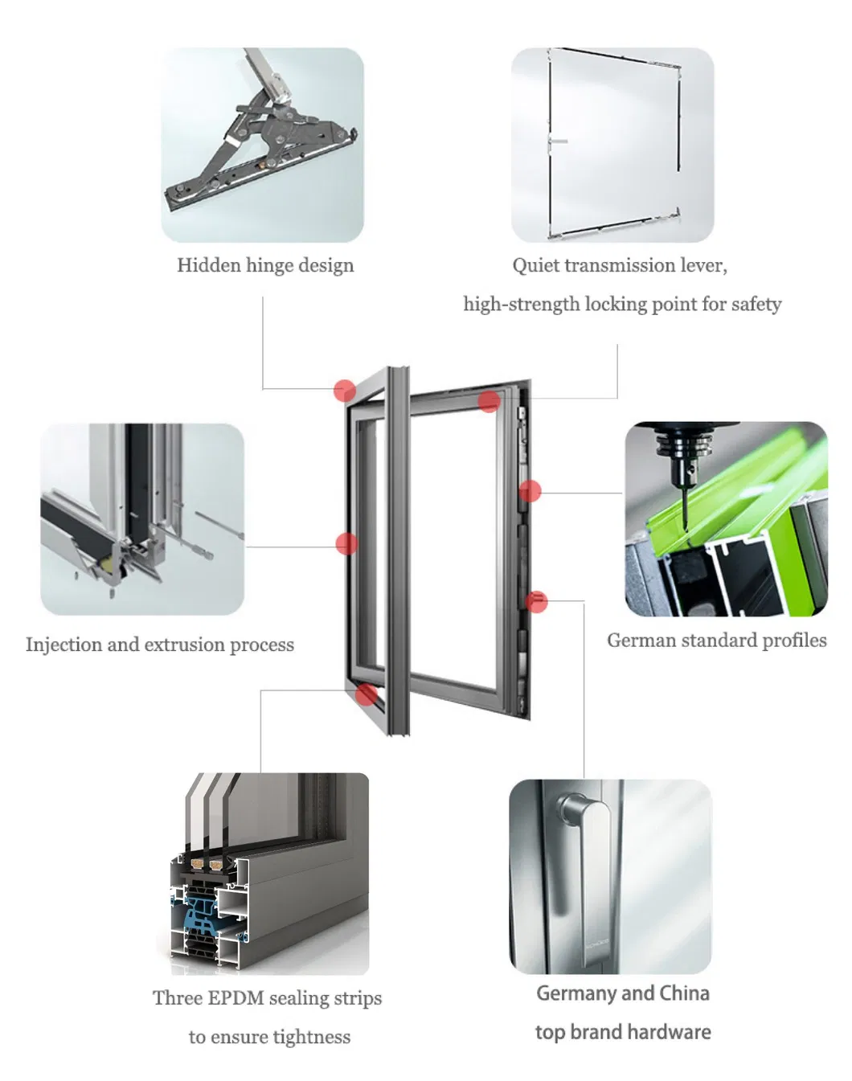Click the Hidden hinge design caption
(265, 265)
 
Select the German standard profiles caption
(716, 641)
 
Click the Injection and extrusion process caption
(159, 645)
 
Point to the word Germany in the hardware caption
(576, 993)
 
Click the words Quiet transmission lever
(619, 265)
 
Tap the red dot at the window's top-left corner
(345, 391)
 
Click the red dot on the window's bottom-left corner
(367, 694)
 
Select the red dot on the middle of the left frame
(346, 544)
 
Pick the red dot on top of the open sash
(489, 401)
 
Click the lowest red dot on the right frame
(537, 600)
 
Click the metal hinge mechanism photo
(262, 145)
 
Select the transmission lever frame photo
(612, 145)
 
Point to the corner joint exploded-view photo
(142, 519)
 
